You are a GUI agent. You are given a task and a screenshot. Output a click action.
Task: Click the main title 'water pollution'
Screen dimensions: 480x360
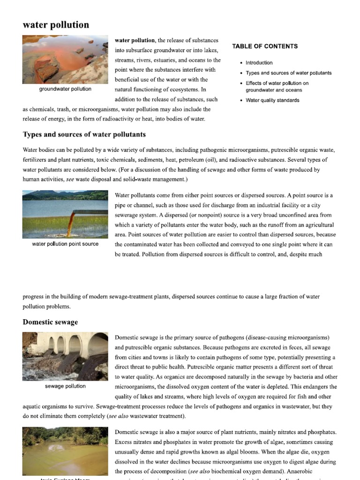[x=56, y=25]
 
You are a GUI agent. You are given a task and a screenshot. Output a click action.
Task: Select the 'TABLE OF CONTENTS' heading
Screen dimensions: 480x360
[x=265, y=46]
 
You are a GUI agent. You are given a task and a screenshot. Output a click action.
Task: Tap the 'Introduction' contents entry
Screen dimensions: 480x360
[x=259, y=63]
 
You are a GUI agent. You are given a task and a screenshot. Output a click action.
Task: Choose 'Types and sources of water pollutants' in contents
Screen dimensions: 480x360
[x=288, y=73]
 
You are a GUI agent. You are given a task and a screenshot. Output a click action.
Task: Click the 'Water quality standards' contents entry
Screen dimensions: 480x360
[x=272, y=100]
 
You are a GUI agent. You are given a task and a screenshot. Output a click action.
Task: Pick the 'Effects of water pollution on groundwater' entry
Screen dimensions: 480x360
[x=277, y=87]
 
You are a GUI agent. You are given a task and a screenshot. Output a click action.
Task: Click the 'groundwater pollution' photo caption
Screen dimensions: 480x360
[x=65, y=89]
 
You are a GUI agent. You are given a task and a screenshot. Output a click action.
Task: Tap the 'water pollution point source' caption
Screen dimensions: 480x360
[x=65, y=244]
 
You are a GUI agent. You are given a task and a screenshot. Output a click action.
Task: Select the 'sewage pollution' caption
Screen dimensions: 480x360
[x=65, y=386]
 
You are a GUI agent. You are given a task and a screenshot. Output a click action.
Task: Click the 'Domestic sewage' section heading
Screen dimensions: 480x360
[x=50, y=322]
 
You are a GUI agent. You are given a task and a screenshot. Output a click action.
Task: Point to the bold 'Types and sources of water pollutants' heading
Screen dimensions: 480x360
[x=84, y=135]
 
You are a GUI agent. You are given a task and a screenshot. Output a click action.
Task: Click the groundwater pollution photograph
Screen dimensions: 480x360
[x=65, y=60]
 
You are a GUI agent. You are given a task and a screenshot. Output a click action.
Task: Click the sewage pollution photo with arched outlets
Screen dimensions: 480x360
[x=65, y=356]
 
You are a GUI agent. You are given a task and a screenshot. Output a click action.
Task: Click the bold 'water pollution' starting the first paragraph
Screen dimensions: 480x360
[x=135, y=40]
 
